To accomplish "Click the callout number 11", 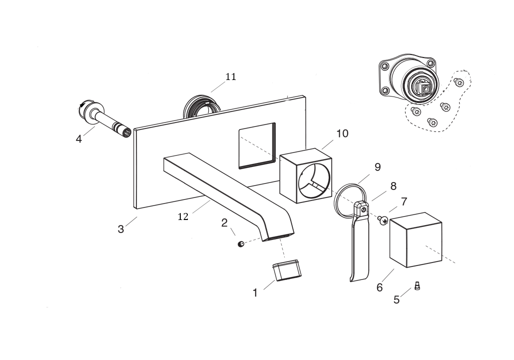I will (230, 77).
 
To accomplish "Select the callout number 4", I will (78, 139).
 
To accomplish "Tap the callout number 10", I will (342, 133).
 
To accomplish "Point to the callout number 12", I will (183, 217).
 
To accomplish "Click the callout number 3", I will (121, 229).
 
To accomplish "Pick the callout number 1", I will (255, 293).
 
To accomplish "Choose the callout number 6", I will (380, 287).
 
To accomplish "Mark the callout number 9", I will (378, 167).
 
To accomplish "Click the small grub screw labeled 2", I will (241, 244).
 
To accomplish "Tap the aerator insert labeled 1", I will (287, 270).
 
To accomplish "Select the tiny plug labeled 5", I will (417, 286).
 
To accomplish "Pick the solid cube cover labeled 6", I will (416, 240).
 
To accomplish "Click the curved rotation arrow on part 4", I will (82, 105).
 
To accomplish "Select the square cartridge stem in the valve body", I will (424, 89).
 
